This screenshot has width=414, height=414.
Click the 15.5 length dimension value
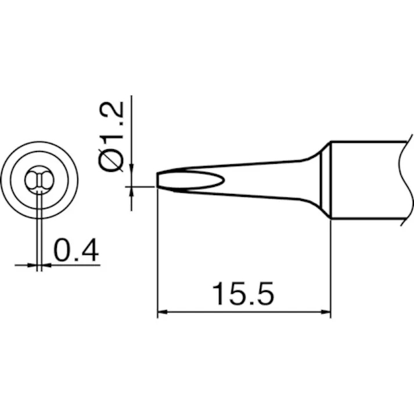point(243,294)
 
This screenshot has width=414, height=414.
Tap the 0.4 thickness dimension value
point(76,250)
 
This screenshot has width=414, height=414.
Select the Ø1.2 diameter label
point(111,136)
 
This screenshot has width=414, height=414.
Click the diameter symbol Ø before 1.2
point(111,160)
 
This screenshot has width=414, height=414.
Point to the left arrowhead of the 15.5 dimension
point(162,312)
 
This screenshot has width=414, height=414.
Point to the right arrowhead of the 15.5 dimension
point(326,312)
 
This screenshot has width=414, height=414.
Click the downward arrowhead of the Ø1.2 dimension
point(131,168)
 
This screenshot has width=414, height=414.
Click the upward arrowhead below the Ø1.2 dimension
point(131,192)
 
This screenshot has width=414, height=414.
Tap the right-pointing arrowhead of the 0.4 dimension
point(31,265)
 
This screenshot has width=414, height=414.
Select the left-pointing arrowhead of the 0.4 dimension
point(46,265)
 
